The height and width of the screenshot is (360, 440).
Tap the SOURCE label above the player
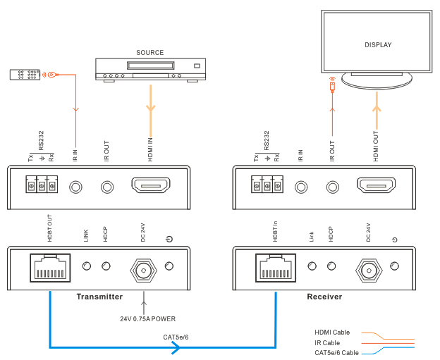149,53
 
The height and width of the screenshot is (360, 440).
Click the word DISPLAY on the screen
378,45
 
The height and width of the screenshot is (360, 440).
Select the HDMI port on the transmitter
151,187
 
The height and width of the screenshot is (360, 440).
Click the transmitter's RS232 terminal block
41,186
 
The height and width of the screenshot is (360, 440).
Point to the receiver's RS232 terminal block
267,186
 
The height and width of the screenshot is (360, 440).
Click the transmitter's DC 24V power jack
144,268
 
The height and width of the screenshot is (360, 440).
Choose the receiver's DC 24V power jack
369,268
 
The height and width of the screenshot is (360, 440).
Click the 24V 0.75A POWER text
147,318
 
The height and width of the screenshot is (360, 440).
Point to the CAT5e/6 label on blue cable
176,337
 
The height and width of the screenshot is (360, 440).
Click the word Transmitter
99,297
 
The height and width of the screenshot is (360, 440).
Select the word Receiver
324,297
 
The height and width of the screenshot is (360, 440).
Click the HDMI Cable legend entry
332,332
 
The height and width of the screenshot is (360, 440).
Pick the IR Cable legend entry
327,342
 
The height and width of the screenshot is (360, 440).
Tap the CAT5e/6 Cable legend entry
336,352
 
